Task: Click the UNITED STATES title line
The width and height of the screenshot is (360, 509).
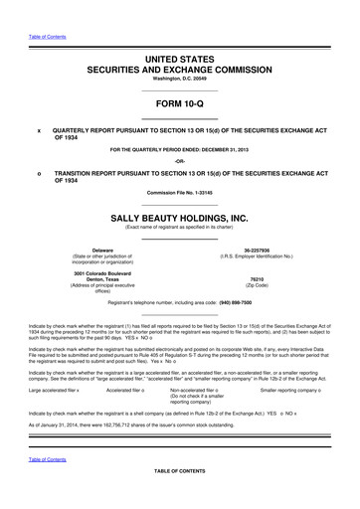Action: coord(180,33)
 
